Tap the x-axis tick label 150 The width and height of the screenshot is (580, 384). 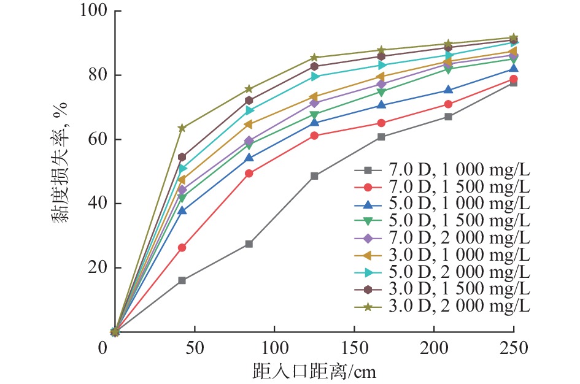click(x=354, y=349)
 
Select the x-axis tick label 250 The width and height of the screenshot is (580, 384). click(x=514, y=349)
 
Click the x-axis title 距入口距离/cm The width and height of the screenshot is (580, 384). click(x=314, y=371)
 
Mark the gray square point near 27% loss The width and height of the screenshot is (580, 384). click(x=249, y=244)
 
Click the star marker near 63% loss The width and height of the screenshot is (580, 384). click(x=182, y=128)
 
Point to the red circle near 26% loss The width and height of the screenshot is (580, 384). click(x=182, y=248)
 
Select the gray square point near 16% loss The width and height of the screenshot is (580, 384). click(x=182, y=280)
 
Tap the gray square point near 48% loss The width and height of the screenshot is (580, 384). click(x=315, y=176)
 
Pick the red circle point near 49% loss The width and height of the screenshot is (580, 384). click(x=249, y=174)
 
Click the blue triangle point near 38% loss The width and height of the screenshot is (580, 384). click(x=182, y=210)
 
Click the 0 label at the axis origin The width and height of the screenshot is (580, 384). click(x=102, y=349)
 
